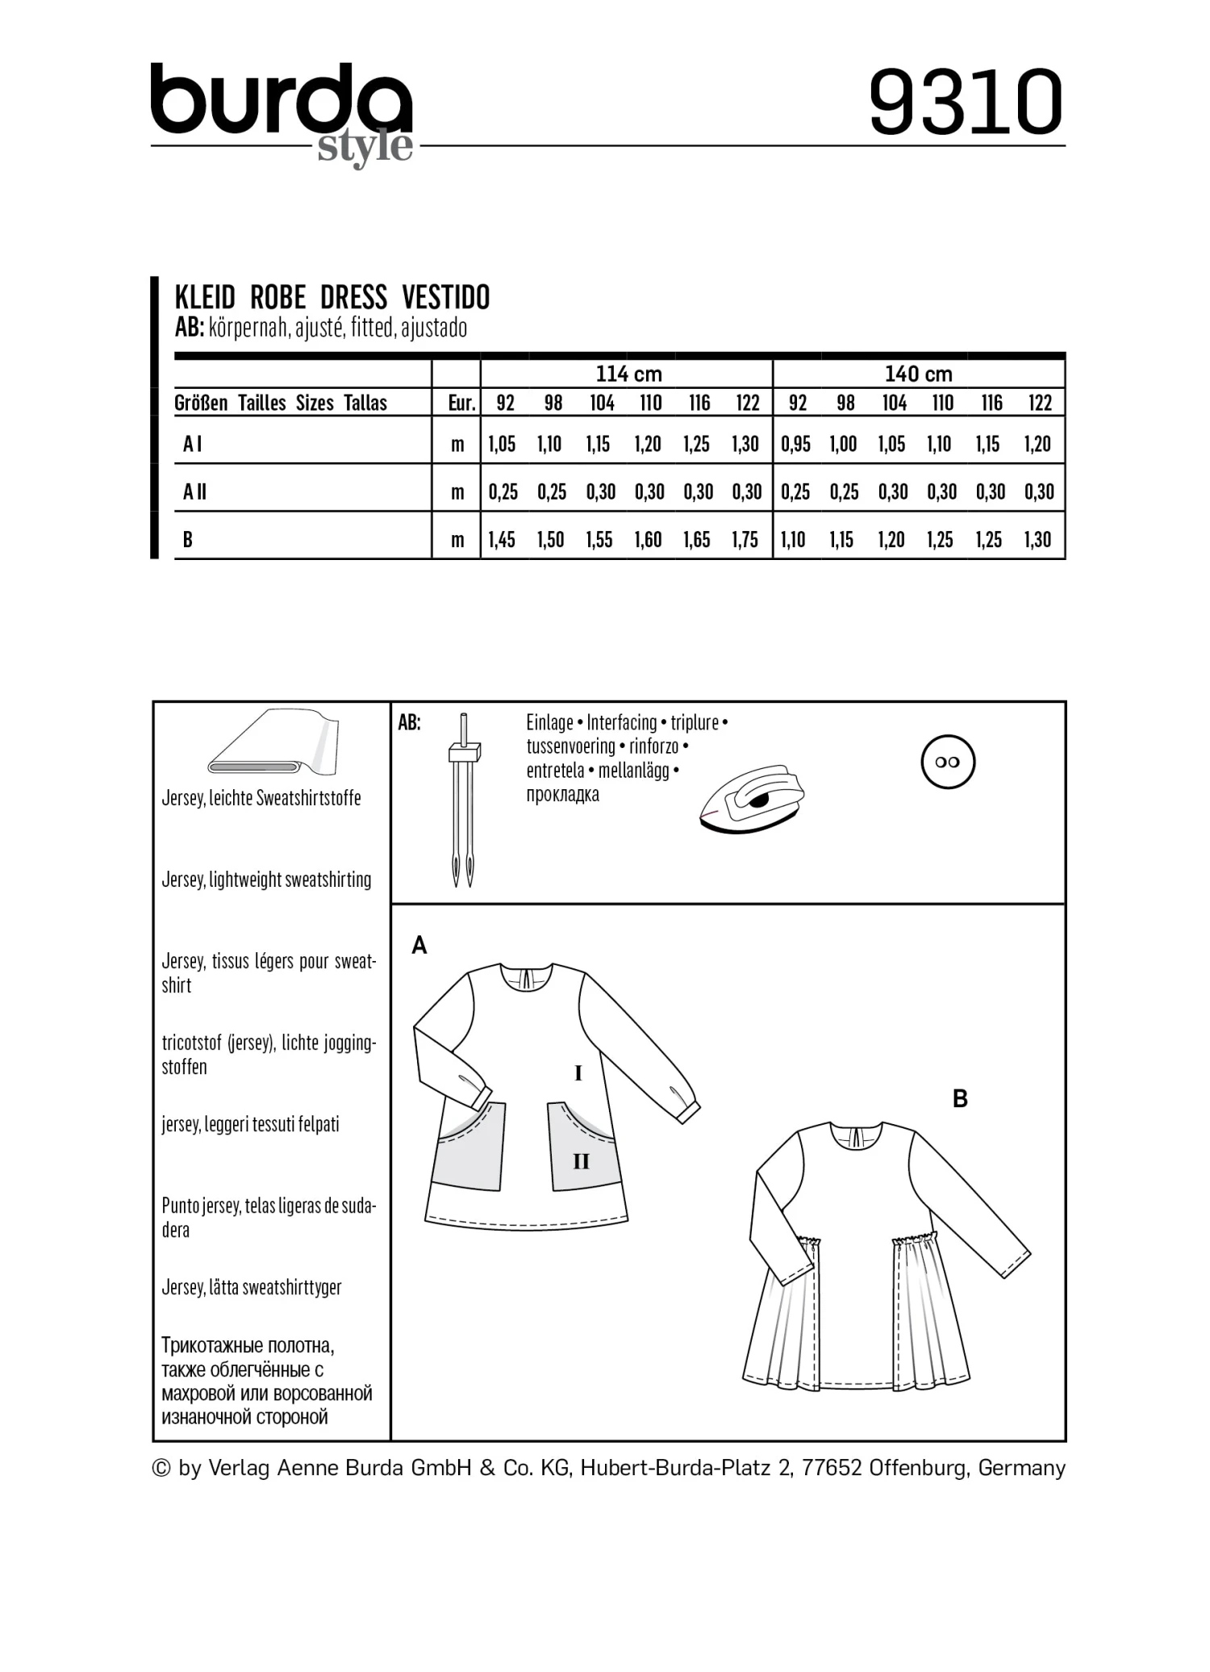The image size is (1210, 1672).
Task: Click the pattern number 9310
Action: coord(966,102)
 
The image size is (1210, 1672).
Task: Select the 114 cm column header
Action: coord(628,374)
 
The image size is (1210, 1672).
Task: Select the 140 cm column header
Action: coord(918,374)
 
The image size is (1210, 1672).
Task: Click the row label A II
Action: coord(195,491)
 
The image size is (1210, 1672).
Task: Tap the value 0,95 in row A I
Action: coord(795,444)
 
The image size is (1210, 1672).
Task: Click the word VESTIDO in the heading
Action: coord(445,298)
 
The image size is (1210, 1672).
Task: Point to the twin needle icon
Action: coord(463,799)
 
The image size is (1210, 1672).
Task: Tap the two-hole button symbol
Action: coord(948,763)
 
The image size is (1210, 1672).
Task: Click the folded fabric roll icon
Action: coord(274,742)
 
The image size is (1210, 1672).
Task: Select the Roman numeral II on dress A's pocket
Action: coord(581,1161)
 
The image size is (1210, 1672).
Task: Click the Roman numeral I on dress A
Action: coord(578,1073)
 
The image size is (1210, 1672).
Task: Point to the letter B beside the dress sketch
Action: coord(960,1098)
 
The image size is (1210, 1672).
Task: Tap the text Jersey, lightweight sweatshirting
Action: coord(266,880)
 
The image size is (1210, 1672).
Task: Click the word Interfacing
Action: coord(622,722)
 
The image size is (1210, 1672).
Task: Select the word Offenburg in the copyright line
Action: coord(919,1468)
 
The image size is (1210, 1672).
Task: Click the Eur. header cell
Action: coord(461,403)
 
